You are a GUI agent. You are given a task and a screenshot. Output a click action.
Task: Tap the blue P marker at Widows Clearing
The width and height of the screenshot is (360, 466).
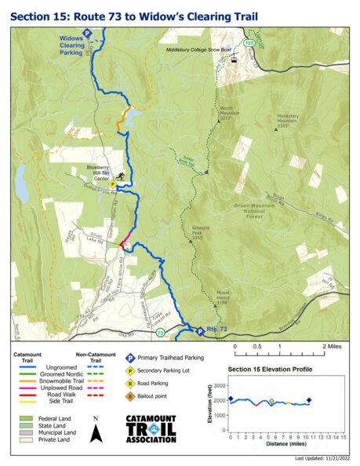(88, 33)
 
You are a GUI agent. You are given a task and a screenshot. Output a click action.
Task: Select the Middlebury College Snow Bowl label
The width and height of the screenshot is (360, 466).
(198, 49)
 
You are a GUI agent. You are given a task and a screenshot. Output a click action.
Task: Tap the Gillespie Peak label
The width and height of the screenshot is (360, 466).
(202, 231)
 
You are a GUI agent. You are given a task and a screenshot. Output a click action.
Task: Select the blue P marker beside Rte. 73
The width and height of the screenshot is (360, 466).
(199, 331)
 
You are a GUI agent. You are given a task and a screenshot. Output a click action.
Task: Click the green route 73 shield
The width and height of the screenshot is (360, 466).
(160, 333)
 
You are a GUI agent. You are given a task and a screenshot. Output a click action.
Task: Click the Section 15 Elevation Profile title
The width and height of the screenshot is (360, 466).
(269, 369)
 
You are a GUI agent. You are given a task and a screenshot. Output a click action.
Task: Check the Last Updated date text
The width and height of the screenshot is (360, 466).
(322, 457)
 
